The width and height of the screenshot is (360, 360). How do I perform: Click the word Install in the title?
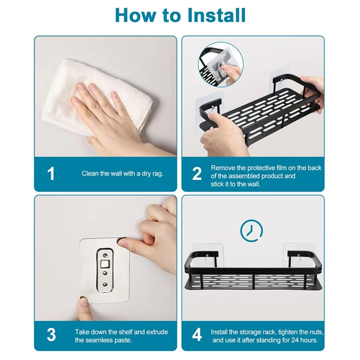[x=216, y=15]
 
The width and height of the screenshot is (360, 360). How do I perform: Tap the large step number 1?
[x=51, y=174]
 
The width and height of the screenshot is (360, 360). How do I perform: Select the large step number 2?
[x=197, y=174]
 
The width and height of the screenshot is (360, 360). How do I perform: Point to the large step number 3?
[x=51, y=335]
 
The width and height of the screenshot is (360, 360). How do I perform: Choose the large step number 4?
[x=197, y=335]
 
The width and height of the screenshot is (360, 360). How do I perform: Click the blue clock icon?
[x=252, y=231]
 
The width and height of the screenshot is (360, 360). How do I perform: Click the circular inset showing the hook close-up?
[x=221, y=64]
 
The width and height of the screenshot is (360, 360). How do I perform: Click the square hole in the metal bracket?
[x=105, y=265]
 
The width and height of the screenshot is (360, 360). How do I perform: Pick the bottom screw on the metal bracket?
[x=105, y=284]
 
